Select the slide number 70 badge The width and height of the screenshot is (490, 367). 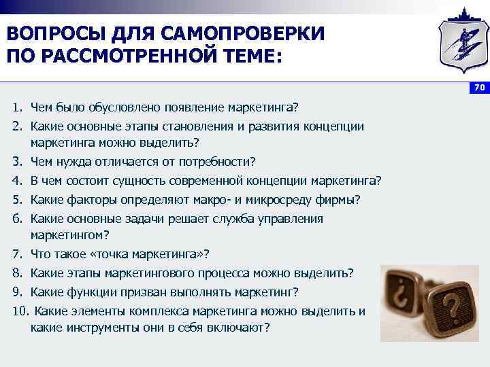[x=478, y=88]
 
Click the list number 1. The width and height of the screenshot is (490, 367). [x=16, y=108]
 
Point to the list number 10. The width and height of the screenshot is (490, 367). [x=20, y=311]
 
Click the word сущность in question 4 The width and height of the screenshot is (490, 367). [x=146, y=181]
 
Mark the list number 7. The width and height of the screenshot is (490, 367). [x=16, y=254]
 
